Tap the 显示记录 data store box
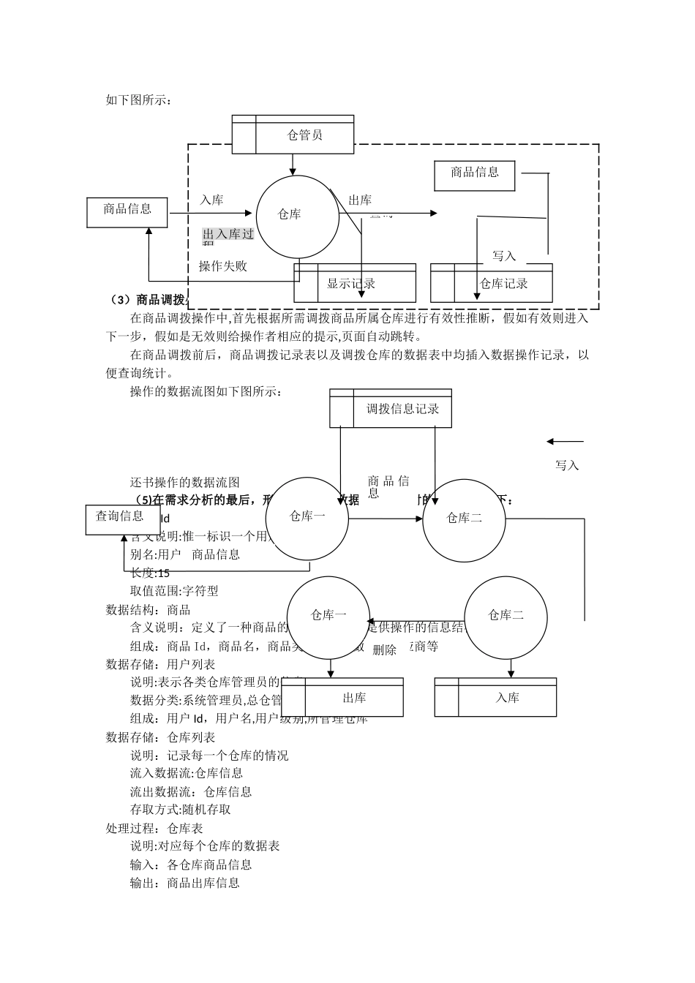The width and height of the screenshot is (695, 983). [355, 283]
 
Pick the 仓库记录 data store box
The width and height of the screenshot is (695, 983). [492, 283]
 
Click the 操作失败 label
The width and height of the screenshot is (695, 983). [223, 266]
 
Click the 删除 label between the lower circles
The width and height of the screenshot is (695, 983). [384, 649]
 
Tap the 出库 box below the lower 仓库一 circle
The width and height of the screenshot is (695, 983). [353, 697]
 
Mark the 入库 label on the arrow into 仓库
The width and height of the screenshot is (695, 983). [212, 200]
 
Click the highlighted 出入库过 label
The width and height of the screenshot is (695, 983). [228, 234]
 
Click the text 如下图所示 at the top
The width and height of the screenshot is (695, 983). [138, 99]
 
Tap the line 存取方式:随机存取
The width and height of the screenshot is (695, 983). [180, 810]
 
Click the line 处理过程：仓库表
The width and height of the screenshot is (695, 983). [154, 828]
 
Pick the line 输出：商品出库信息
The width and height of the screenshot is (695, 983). [184, 883]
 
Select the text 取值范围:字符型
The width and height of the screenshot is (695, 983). [174, 591]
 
